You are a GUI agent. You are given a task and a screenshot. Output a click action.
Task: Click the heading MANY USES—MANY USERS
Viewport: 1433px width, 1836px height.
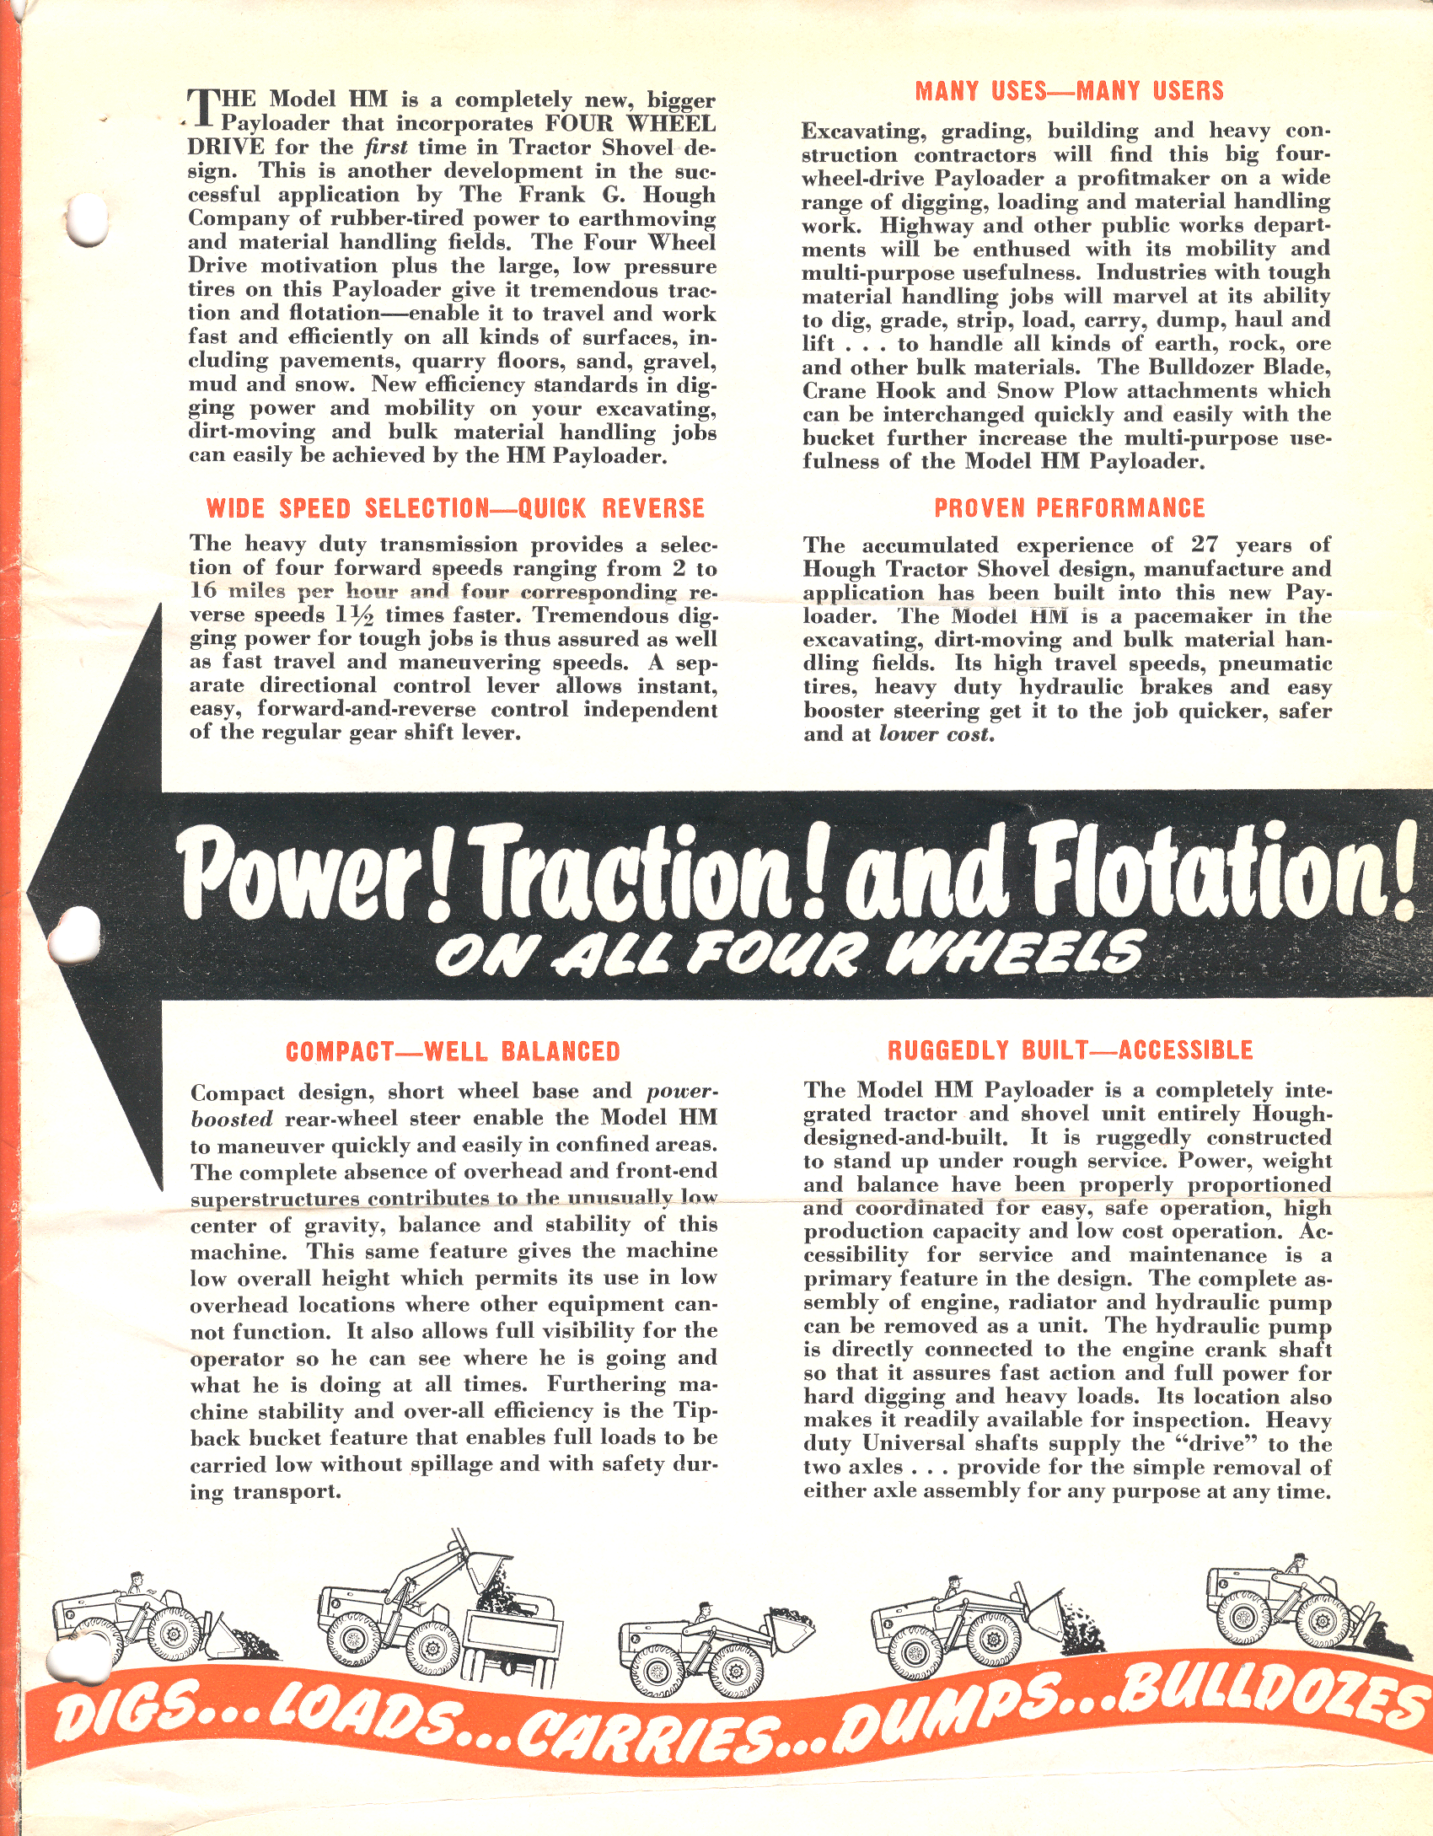pos(1069,91)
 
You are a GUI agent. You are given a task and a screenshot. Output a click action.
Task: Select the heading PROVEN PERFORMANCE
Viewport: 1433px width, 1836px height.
pos(1069,508)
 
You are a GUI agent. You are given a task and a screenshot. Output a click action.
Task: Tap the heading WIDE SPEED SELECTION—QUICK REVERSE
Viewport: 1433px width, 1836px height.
pos(455,509)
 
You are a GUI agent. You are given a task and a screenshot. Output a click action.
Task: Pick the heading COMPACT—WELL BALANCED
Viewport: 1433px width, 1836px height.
pos(453,1052)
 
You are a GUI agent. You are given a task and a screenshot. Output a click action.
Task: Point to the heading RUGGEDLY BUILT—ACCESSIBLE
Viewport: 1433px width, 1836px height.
pos(1070,1050)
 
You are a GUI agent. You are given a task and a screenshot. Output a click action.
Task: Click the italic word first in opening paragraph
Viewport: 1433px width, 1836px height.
pos(386,148)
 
